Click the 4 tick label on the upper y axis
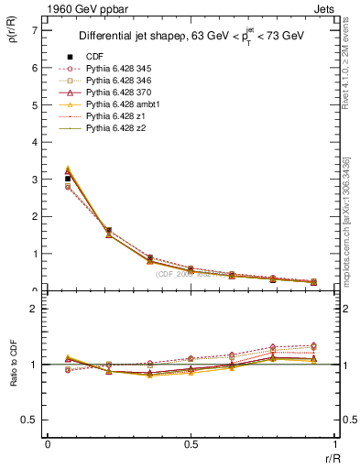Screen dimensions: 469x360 click(34, 142)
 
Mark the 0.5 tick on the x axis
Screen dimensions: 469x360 click(190, 443)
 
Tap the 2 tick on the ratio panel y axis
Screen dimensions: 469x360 click(34, 309)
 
